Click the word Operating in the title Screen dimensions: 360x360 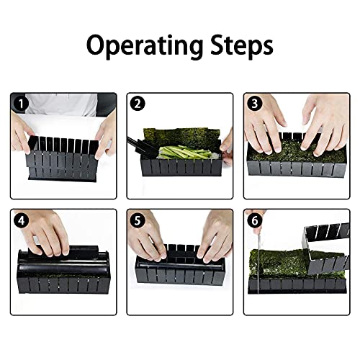145,46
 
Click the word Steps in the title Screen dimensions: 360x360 242,45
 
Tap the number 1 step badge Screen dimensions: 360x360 21,104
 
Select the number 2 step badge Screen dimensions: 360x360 138,104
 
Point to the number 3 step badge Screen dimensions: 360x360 255,104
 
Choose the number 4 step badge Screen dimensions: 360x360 21,220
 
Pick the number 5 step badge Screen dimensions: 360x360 138,220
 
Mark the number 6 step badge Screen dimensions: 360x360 255,220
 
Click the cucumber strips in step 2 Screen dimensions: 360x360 185,152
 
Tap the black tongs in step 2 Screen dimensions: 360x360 142,146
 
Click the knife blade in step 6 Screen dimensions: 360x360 258,261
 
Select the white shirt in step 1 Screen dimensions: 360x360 62,105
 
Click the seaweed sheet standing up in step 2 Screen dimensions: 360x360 182,138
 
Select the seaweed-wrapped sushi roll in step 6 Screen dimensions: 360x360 279,264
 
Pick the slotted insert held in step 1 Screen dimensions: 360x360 63,145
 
